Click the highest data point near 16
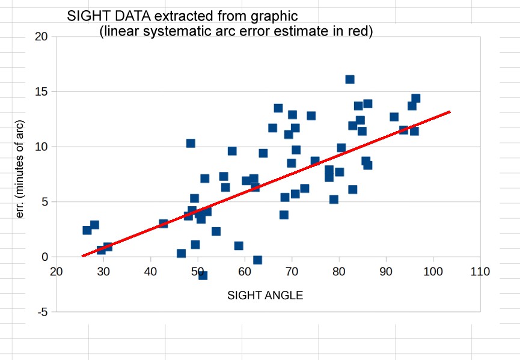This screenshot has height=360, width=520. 350,79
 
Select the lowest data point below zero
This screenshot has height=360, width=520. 203,275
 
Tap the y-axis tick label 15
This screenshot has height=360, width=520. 41,92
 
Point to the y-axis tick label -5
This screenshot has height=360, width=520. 41,313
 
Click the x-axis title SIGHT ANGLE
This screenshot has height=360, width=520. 265,296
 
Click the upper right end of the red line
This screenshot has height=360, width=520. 450,112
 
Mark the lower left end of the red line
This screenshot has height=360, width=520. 82,256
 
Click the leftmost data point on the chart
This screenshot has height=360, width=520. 87,230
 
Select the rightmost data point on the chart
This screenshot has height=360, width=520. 415,99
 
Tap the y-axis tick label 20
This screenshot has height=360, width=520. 41,37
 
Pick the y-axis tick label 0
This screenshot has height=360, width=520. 44,257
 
